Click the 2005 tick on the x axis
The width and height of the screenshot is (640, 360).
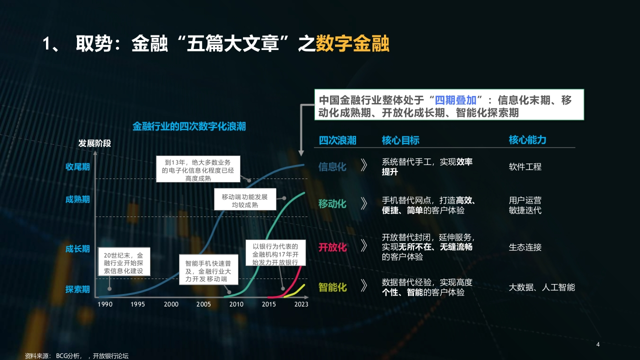point(203,304)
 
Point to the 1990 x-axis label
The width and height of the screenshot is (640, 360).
point(105,304)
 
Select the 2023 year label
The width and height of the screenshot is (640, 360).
point(301,304)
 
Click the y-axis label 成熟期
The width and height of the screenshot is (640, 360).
point(77,199)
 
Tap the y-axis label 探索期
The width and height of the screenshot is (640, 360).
point(77,289)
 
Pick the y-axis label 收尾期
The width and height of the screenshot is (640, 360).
point(77,166)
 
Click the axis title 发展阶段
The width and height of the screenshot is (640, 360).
point(94,143)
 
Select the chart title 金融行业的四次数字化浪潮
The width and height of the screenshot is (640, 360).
point(189,126)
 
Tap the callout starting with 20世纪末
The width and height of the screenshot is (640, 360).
point(123,261)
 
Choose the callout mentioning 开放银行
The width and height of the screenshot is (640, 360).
point(275,253)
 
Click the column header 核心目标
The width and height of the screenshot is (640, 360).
point(400,140)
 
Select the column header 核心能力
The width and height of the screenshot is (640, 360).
point(527,139)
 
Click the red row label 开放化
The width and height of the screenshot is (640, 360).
point(332,247)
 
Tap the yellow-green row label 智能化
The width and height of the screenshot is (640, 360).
point(332,287)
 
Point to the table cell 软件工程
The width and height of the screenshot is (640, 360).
point(525,166)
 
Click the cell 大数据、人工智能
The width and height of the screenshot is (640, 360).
point(541,287)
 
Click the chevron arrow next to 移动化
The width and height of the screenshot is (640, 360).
point(363,203)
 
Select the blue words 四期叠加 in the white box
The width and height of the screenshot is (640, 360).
point(455,100)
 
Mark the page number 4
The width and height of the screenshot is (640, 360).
point(598,344)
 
